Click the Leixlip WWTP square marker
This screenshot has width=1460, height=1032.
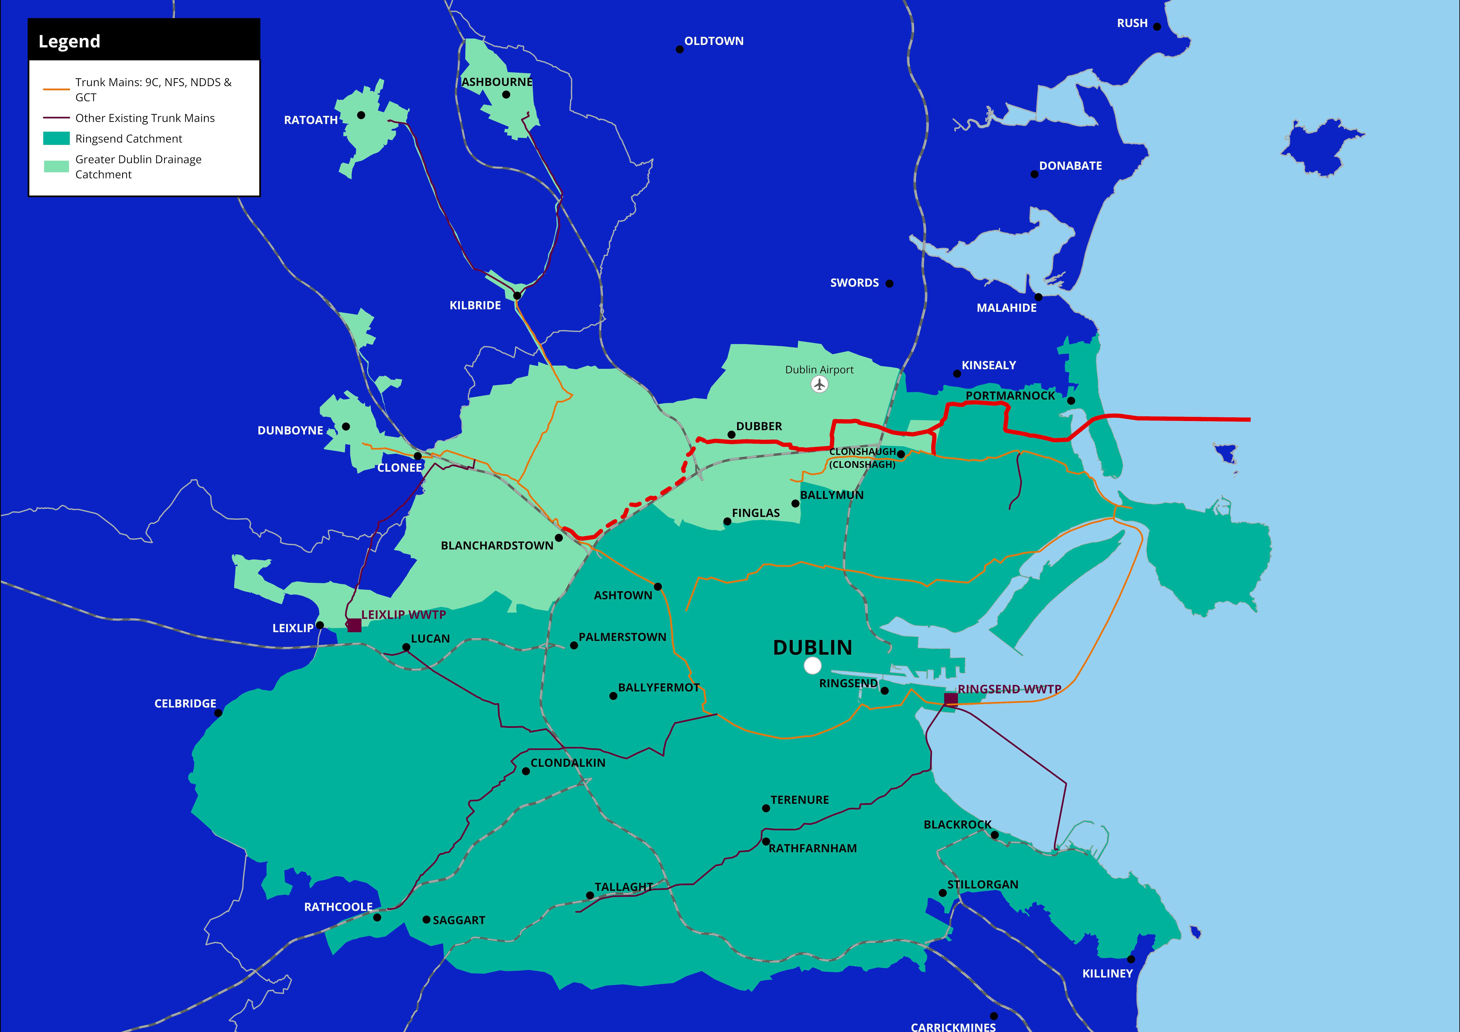(x=354, y=626)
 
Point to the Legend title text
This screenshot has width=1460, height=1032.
(x=69, y=41)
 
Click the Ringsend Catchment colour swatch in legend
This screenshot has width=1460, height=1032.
(x=56, y=139)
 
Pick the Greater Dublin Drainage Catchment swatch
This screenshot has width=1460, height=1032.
(x=56, y=167)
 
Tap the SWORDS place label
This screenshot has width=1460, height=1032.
(x=854, y=283)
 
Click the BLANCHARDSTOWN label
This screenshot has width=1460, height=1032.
(x=497, y=546)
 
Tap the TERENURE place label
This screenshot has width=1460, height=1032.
(x=799, y=800)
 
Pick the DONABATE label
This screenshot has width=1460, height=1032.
(x=1070, y=166)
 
